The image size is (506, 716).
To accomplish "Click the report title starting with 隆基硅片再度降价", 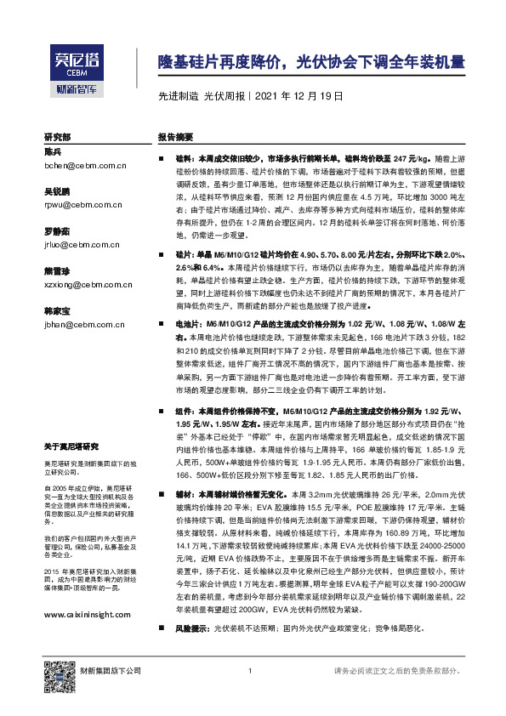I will [312, 62].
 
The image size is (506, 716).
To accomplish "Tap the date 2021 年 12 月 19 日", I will [298, 96].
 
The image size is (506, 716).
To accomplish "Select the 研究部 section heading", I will [58, 136].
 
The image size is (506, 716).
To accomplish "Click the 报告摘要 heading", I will [176, 136].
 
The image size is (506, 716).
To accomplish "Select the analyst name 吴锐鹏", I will [57, 192].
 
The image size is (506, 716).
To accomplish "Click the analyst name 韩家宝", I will [57, 311].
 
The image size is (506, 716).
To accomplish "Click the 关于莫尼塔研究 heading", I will [71, 446].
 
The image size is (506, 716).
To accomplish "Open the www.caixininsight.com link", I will [87, 615].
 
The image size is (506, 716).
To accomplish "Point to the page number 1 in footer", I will [251, 672].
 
